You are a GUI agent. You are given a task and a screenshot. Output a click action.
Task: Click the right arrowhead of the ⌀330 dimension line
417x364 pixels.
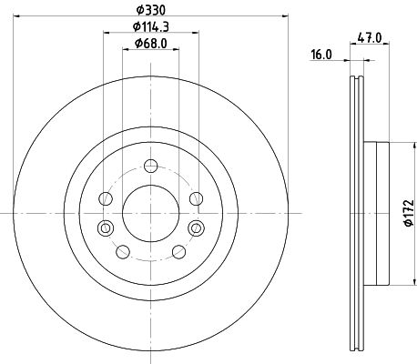(283, 16)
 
